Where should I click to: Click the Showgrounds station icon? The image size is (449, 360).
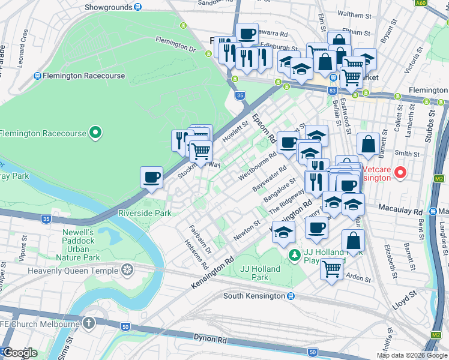pyautogui.click(x=138, y=7)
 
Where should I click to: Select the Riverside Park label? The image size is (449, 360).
pyautogui.click(x=145, y=213)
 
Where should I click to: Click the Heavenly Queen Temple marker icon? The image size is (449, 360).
pyautogui.click(x=127, y=270)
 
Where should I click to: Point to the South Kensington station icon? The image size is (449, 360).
pyautogui.click(x=291, y=296)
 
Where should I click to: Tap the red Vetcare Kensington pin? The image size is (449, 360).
pyautogui.click(x=400, y=173)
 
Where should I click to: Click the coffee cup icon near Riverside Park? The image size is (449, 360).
pyautogui.click(x=151, y=177)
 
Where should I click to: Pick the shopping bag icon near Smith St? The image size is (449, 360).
pyautogui.click(x=368, y=144)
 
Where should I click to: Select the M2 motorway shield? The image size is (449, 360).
pyautogui.click(x=439, y=178)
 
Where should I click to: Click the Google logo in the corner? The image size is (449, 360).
pyautogui.click(x=20, y=353)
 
